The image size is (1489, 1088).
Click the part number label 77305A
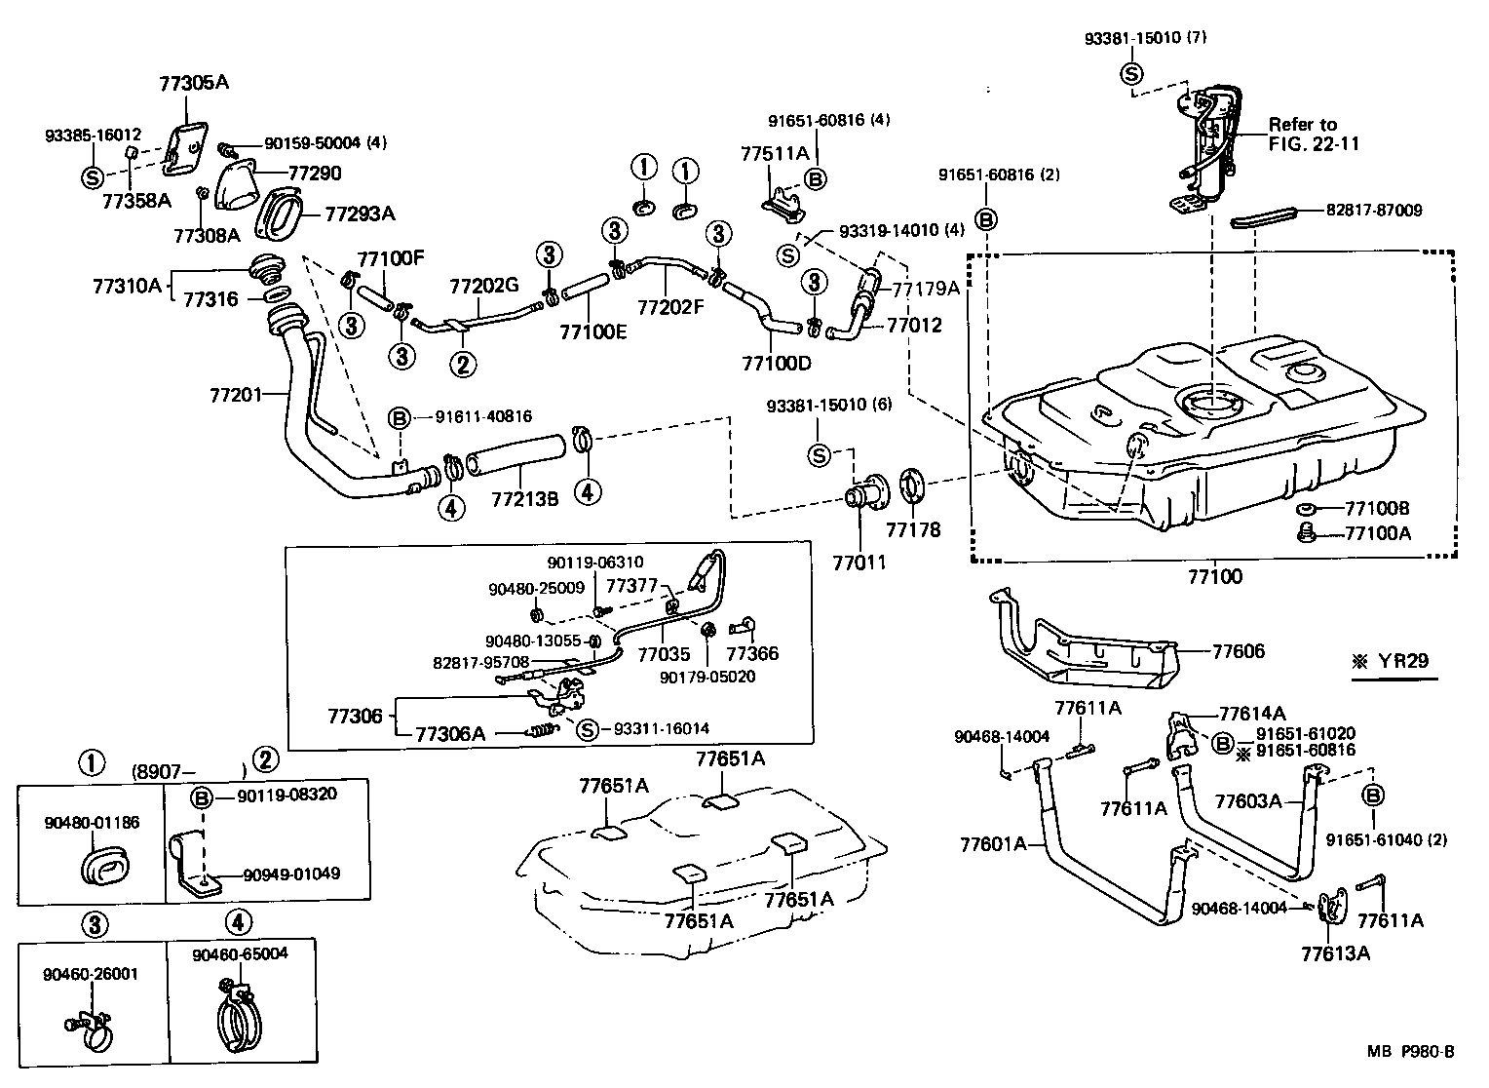point(193,83)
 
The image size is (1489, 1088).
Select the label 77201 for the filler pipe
point(237,395)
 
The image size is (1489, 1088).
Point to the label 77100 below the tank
point(1214,576)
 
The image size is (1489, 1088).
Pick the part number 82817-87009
point(1373,210)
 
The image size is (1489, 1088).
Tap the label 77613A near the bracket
point(1335,953)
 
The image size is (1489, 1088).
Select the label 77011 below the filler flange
point(859,563)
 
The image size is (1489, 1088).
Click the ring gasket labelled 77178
point(912,486)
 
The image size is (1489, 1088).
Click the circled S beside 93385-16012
point(91,177)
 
